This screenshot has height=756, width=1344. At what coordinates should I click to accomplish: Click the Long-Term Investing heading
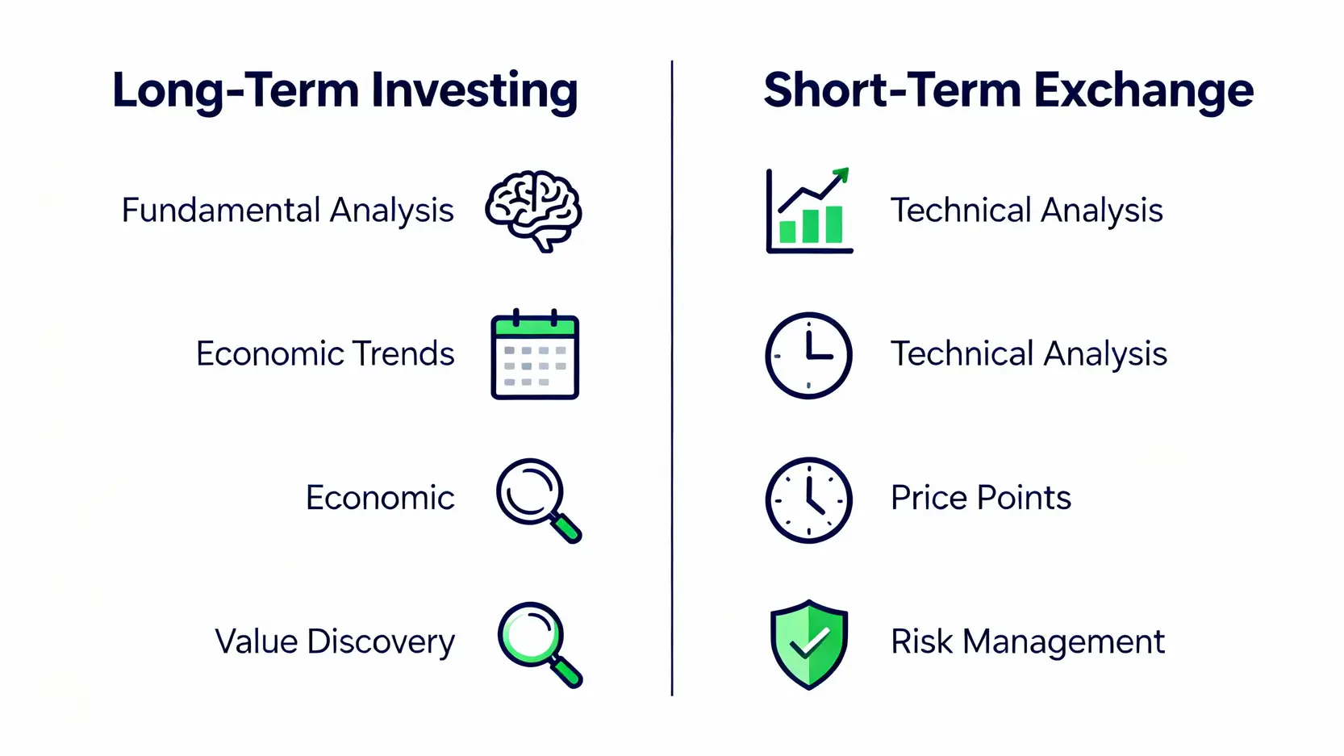pyautogui.click(x=345, y=91)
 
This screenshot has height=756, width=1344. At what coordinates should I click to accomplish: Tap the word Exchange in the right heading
pyautogui.click(x=1144, y=91)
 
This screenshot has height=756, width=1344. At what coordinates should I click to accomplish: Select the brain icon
pyautogui.click(x=533, y=211)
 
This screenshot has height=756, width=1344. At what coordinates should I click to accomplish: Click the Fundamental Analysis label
pyautogui.click(x=287, y=211)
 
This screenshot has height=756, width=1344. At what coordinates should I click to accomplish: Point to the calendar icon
pyautogui.click(x=535, y=354)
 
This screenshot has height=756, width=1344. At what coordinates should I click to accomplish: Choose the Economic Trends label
pyautogui.click(x=325, y=353)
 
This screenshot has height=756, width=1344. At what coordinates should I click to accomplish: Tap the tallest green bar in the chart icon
pyautogui.click(x=834, y=224)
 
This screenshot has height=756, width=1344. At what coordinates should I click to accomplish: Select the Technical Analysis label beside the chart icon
pyautogui.click(x=1027, y=211)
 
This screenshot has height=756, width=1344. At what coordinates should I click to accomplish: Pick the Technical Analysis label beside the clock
pyautogui.click(x=1029, y=353)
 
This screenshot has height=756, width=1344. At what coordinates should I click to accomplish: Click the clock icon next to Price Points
pyautogui.click(x=809, y=499)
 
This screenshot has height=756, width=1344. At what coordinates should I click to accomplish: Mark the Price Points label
pyautogui.click(x=981, y=498)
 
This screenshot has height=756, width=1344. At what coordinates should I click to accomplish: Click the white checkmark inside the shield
pyautogui.click(x=809, y=641)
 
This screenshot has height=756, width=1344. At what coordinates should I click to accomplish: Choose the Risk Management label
pyautogui.click(x=1028, y=642)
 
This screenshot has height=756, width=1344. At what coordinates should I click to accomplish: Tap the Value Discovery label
pyautogui.click(x=335, y=642)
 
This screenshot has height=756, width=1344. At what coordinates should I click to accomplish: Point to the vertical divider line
pyautogui.click(x=672, y=378)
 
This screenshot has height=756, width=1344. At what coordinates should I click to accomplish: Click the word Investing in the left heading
pyautogui.click(x=474, y=91)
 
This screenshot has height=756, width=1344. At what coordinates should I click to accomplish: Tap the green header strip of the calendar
pyautogui.click(x=535, y=327)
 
